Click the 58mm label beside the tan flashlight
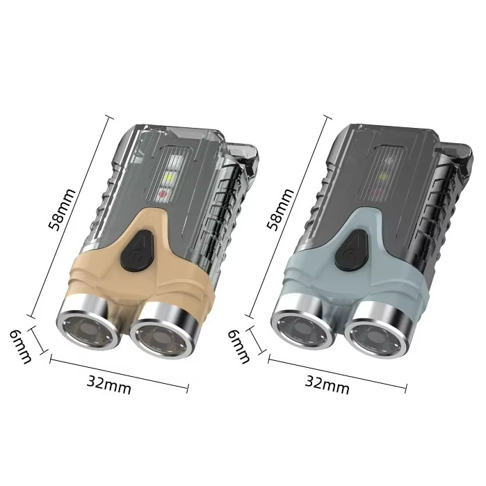click(62, 209)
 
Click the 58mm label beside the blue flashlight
click(280, 209)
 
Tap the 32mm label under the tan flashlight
click(108, 384)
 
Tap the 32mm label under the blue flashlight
click(327, 384)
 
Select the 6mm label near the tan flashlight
click(20, 346)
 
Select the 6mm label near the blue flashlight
click(238, 346)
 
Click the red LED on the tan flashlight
click(163, 195)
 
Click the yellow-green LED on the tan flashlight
click(170, 178)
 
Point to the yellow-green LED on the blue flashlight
click(383, 177)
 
